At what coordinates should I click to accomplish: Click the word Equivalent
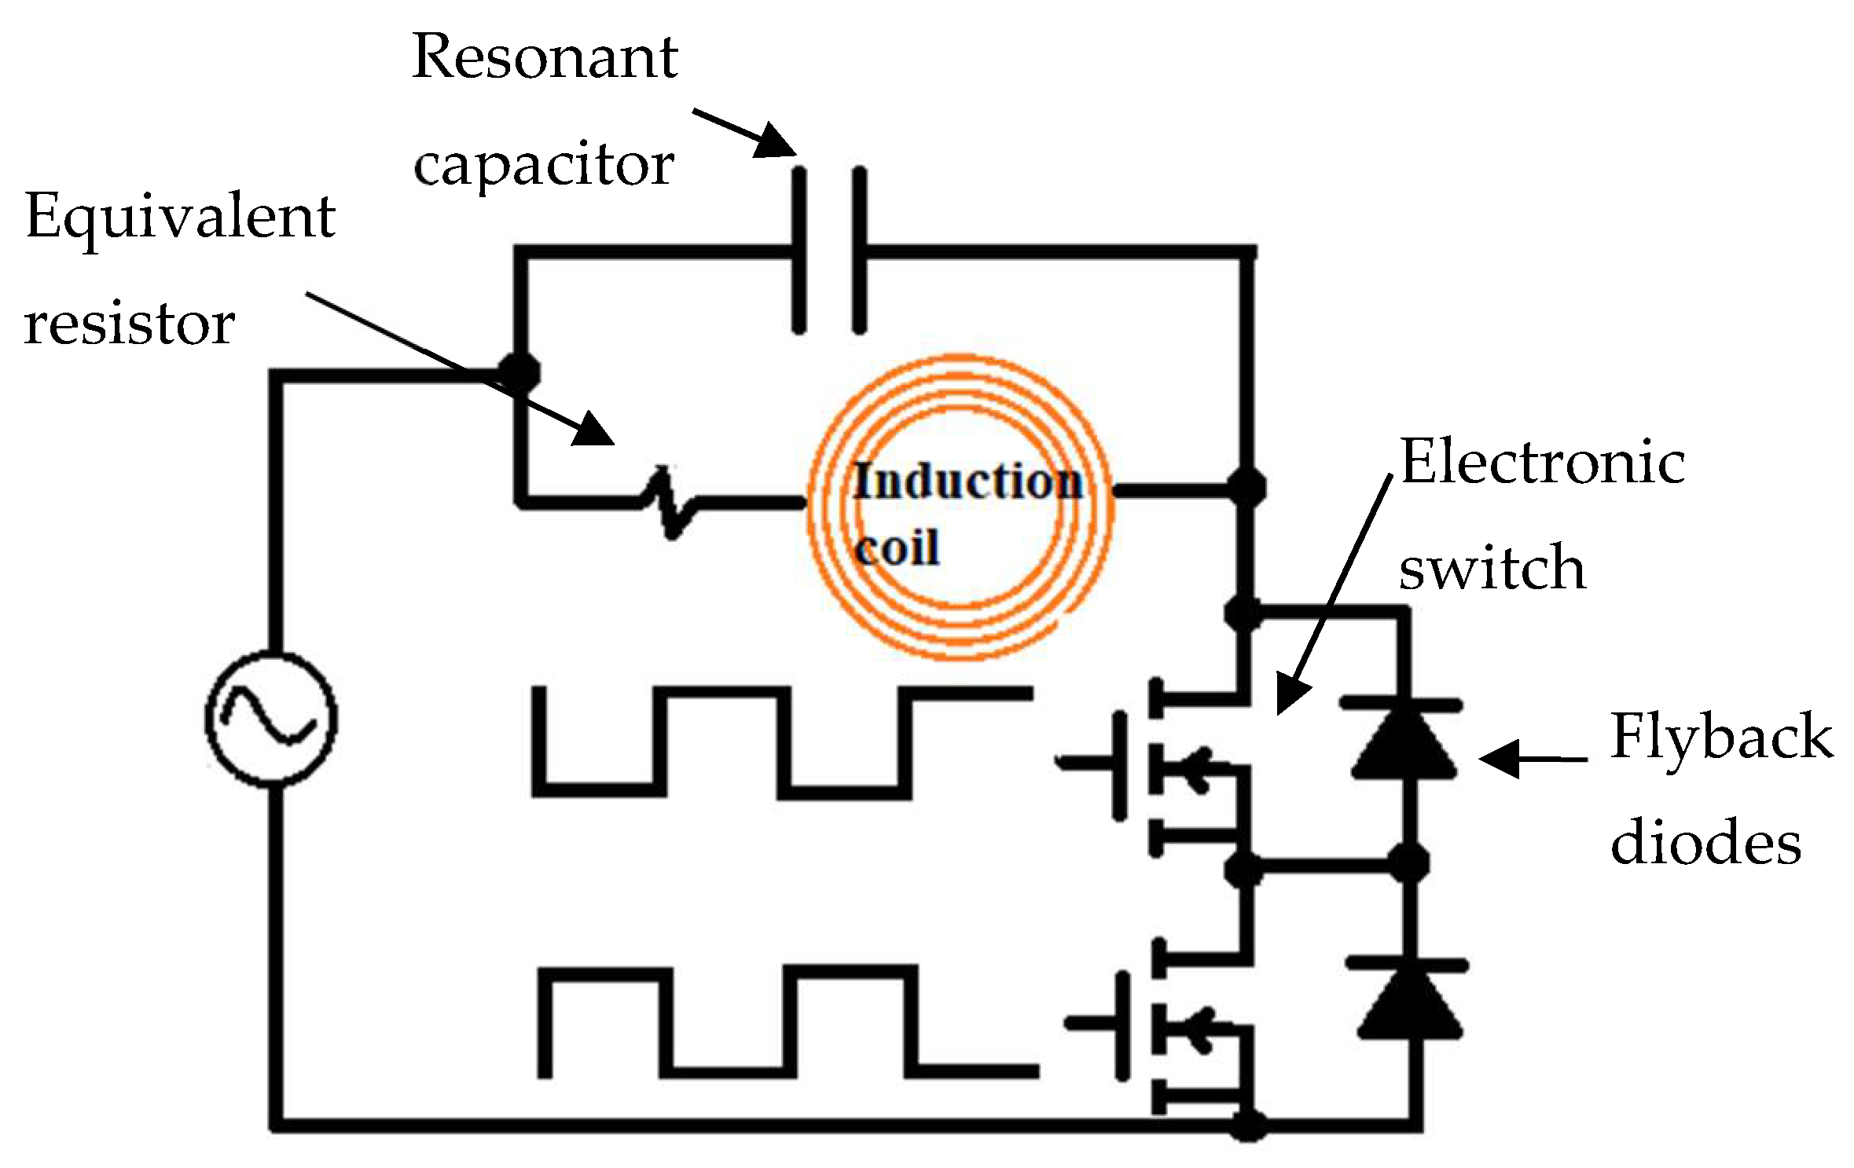pyautogui.click(x=181, y=216)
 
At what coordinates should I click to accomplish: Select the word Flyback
pyautogui.click(x=1721, y=736)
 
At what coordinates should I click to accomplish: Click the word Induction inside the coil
pyautogui.click(x=967, y=481)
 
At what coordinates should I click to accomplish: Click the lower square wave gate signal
pyautogui.click(x=786, y=1021)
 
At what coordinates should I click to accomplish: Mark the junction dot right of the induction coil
pyautogui.click(x=1246, y=487)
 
